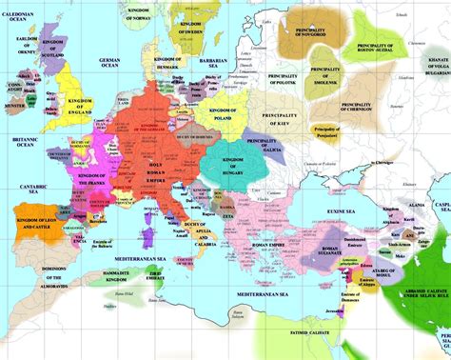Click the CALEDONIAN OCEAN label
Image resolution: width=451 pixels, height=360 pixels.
(x=27, y=16)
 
